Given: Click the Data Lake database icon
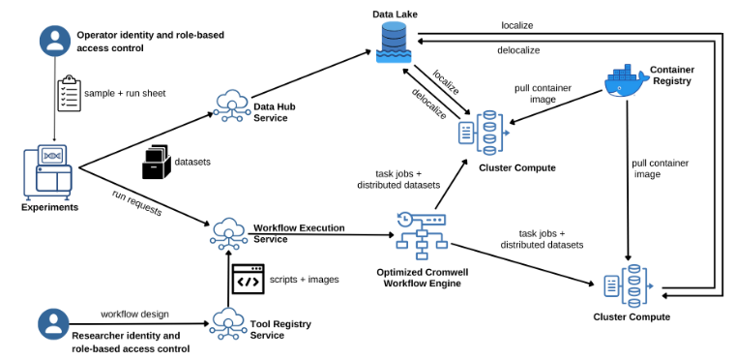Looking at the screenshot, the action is coord(394,42).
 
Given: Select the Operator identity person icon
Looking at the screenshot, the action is coord(55,41).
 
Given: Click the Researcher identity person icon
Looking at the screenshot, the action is coord(53,324).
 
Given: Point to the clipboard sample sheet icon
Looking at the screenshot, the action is coord(69,93).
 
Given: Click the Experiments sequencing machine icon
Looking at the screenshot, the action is coord(47,171).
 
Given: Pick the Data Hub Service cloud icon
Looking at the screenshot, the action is coord(231,106).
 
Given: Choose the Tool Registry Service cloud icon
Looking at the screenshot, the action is coord(227,324).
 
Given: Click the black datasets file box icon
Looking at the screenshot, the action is coord(156,162).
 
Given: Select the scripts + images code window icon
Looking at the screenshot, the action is coord(248,279).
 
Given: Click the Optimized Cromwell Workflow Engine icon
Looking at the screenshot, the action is coord(422,235).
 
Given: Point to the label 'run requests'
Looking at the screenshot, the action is coord(137,203).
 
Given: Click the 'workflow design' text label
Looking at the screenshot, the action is coord(134,314).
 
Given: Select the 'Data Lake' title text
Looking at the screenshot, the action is coord(395,15).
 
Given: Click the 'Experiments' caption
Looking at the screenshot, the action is coord(49,207).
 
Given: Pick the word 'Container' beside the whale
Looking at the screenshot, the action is coord(672,70).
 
